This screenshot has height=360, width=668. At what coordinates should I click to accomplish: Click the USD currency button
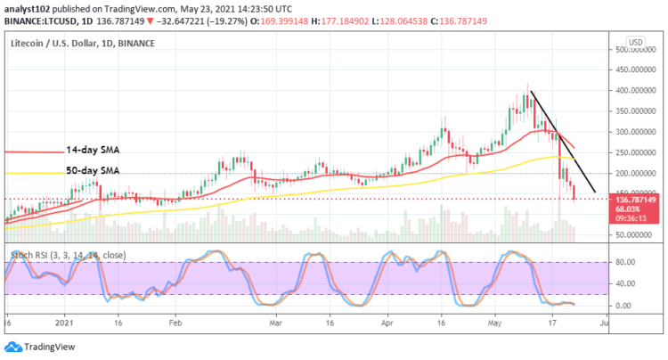636,42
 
